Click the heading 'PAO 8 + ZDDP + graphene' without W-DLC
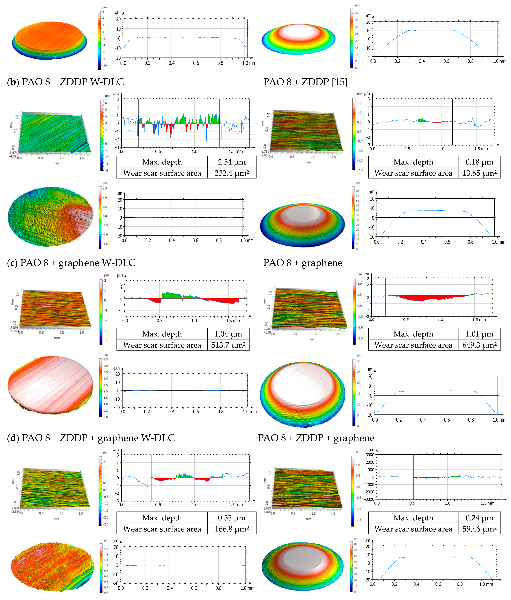[x=316, y=438]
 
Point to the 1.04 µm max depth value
[x=228, y=334]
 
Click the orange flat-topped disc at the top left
[x=49, y=39]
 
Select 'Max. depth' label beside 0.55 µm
[x=162, y=518]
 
